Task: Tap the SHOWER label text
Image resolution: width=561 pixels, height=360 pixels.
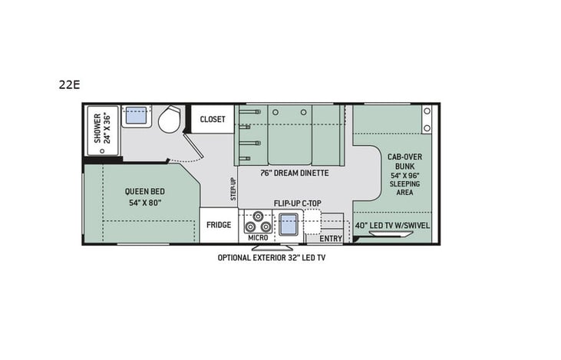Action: (97, 127)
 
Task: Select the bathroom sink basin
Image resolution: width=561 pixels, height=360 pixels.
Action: (136, 116)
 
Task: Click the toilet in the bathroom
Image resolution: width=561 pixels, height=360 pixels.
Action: (169, 117)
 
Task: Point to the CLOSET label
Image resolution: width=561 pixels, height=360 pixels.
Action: (213, 119)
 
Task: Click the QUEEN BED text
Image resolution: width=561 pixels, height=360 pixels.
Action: (145, 192)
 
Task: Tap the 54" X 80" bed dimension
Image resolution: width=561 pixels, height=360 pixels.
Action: (145, 203)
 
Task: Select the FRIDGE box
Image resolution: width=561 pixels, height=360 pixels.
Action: (219, 226)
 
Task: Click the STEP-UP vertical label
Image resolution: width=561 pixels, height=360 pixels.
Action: (233, 189)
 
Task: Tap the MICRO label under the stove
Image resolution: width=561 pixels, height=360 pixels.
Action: (257, 239)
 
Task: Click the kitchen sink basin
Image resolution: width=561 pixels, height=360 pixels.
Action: (289, 224)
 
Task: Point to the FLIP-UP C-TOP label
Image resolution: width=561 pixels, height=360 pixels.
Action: (297, 203)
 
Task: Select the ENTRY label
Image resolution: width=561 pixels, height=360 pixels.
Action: (331, 239)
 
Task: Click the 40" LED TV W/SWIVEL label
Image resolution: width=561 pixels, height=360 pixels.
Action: (392, 225)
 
